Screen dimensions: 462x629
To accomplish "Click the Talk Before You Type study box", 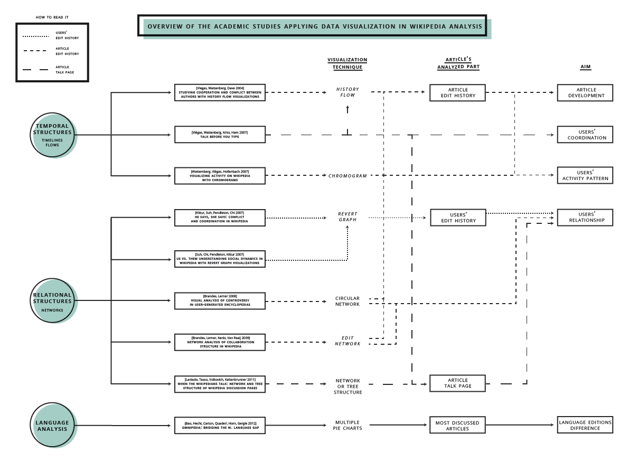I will (220, 135).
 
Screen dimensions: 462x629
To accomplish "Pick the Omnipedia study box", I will (220, 426).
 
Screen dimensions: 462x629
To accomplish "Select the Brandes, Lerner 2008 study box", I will (220, 301).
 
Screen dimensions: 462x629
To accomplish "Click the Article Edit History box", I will (457, 93).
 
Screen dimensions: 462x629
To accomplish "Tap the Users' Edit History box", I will (457, 218).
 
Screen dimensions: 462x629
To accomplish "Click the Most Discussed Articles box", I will (457, 426).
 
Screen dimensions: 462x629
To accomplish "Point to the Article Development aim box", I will (585, 93).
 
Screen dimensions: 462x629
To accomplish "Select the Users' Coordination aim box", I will (585, 135).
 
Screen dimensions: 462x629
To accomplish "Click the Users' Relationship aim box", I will (585, 218).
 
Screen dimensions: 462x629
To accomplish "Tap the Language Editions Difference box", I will (585, 425).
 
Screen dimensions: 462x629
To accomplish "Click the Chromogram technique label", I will (347, 176).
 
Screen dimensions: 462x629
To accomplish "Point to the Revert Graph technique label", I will (348, 217).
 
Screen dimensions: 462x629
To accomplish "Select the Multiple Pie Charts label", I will (348, 425).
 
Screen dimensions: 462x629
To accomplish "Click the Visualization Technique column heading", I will (347, 64).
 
